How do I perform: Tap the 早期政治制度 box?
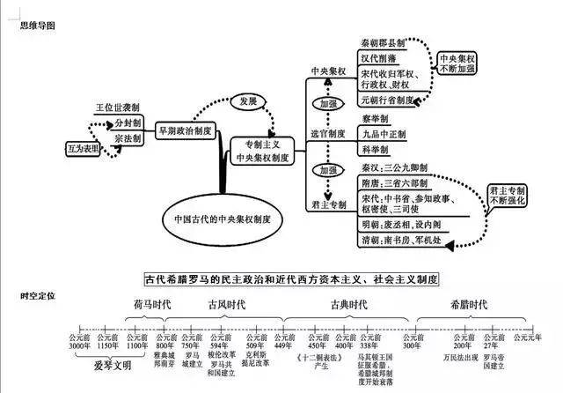click(184, 130)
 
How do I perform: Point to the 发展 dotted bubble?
click(247, 101)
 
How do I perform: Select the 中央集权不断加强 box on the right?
click(459, 64)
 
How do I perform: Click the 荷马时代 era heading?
click(151, 303)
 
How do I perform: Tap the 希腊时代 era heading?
click(467, 303)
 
